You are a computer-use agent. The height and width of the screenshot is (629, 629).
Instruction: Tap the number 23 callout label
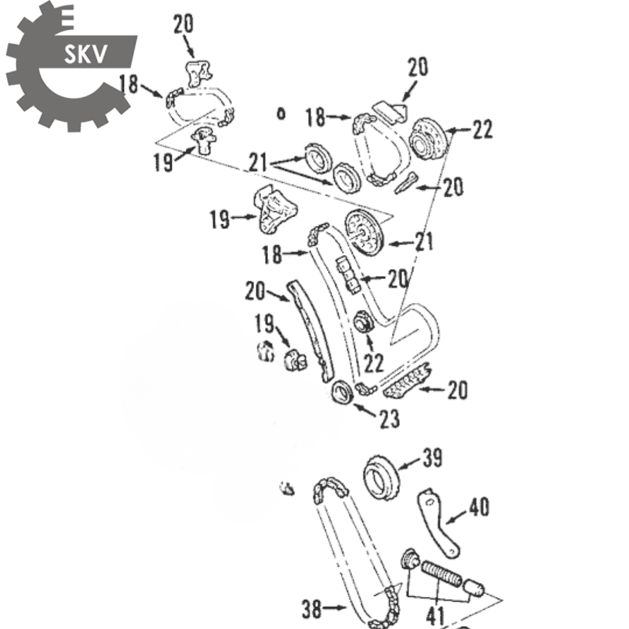tap(390, 419)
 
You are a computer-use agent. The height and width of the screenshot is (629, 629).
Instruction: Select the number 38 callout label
tap(312, 609)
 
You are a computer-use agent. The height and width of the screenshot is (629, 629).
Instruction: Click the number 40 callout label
tap(479, 506)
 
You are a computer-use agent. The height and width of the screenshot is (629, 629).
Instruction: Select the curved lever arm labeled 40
tap(437, 522)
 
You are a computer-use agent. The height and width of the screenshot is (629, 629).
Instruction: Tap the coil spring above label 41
tap(441, 573)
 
